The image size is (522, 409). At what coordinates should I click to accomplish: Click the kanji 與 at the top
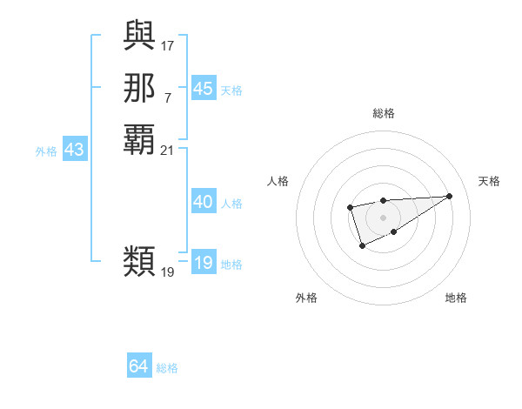(x=139, y=35)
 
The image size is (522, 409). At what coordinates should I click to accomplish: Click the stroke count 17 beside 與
(x=168, y=44)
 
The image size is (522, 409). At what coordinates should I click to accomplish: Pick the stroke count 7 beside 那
(x=168, y=97)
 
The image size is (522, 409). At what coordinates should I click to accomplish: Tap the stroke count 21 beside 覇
(x=168, y=151)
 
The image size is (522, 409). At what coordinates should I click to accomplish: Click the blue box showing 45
(x=203, y=89)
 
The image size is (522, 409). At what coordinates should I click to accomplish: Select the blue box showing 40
(x=203, y=202)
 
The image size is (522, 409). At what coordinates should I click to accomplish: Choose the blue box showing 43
(x=74, y=150)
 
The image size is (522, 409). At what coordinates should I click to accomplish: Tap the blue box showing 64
(x=139, y=366)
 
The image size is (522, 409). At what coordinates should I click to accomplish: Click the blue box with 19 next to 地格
(x=203, y=263)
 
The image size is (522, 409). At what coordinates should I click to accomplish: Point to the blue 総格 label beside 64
(x=167, y=368)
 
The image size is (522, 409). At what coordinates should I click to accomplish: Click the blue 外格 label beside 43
(x=46, y=151)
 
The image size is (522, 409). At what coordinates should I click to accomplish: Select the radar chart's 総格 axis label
(x=383, y=113)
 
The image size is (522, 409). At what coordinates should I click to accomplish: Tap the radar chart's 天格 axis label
(x=490, y=181)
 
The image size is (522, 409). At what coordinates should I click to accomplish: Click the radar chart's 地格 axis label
(x=456, y=298)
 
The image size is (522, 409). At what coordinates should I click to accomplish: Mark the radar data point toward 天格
(x=449, y=196)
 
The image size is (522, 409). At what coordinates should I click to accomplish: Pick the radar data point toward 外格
(x=362, y=247)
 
